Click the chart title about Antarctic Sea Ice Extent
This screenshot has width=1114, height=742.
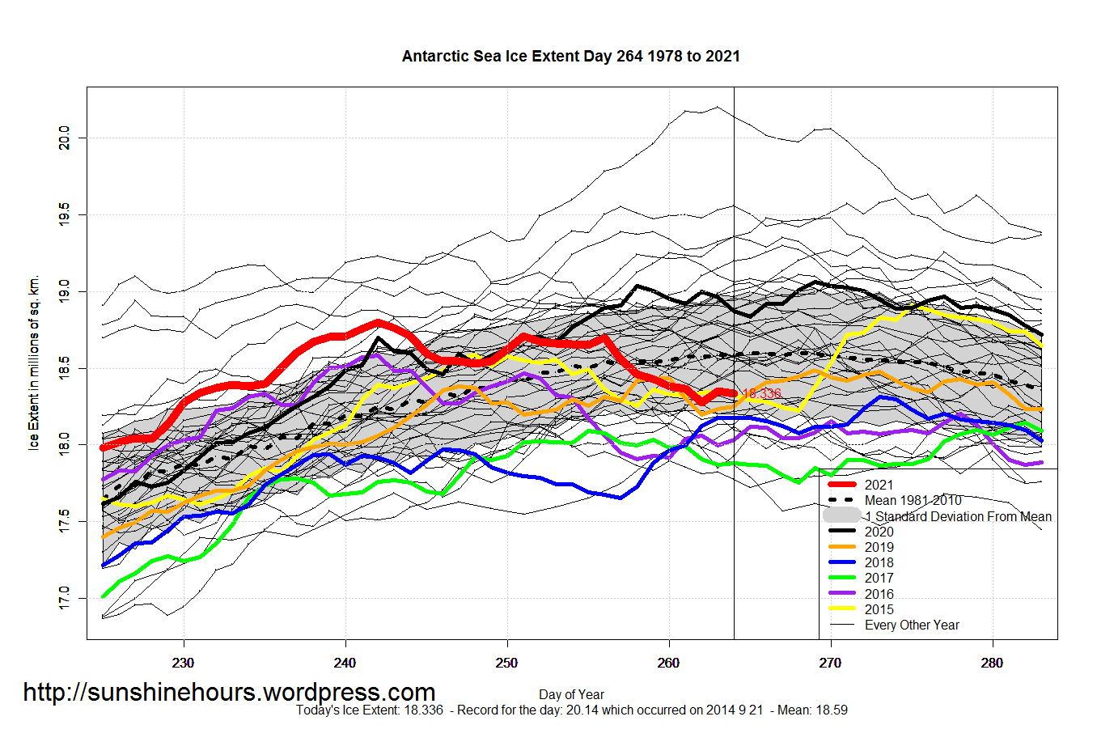pyautogui.click(x=570, y=57)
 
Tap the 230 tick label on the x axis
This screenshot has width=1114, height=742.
pyautogui.click(x=184, y=663)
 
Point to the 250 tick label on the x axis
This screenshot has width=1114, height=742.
pyautogui.click(x=507, y=663)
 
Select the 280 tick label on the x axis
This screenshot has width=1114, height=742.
pyautogui.click(x=992, y=663)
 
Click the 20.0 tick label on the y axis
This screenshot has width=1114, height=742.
pyautogui.click(x=65, y=138)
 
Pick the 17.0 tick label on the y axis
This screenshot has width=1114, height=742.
pyautogui.click(x=65, y=599)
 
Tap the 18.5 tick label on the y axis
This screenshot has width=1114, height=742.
pyautogui.click(x=65, y=368)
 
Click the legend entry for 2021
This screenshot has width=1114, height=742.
pyautogui.click(x=879, y=485)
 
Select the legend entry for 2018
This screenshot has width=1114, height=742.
pyautogui.click(x=879, y=562)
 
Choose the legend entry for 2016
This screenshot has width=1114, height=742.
pyautogui.click(x=879, y=594)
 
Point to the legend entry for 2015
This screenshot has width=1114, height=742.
pyautogui.click(x=879, y=609)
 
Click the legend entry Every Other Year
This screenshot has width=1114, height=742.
pyautogui.click(x=912, y=625)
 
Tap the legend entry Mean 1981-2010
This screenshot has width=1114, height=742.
pyautogui.click(x=913, y=500)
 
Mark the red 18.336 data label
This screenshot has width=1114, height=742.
pyautogui.click(x=762, y=394)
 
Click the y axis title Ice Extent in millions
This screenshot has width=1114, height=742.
pyautogui.click(x=34, y=363)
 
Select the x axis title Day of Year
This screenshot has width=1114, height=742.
pyautogui.click(x=571, y=694)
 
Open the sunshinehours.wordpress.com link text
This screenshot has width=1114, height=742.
pyautogui.click(x=229, y=693)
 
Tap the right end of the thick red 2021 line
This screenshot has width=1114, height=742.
pyautogui.click(x=734, y=393)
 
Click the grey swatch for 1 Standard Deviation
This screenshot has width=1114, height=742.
pyautogui.click(x=841, y=515)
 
